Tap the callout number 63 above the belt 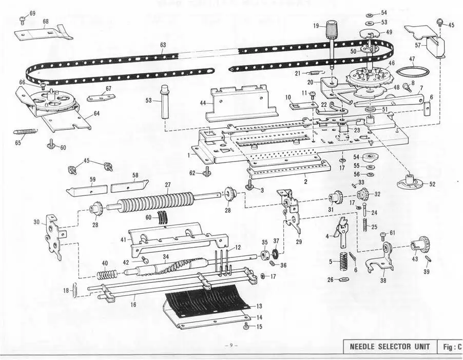[163, 45]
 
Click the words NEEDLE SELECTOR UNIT [390, 347]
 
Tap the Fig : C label [451, 347]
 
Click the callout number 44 [203, 103]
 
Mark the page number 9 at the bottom [231, 345]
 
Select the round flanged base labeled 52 [410, 181]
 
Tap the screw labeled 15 [247, 325]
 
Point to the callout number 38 [382, 281]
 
